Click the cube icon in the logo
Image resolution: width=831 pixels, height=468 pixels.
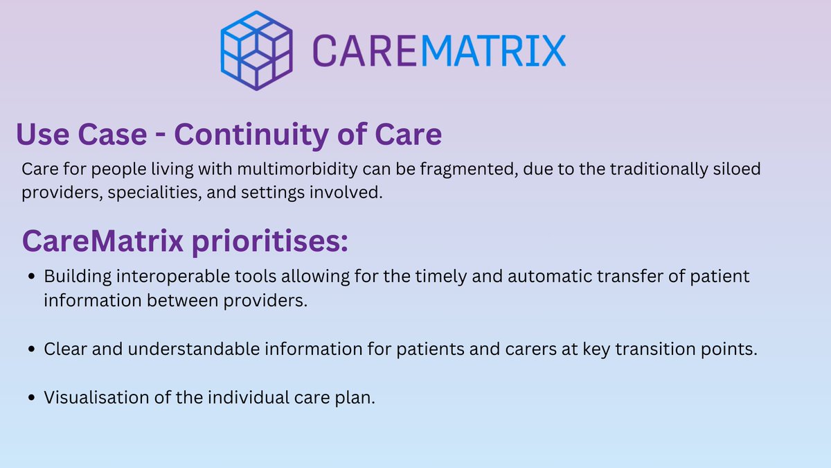(256, 50)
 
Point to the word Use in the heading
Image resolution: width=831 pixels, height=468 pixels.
(42, 135)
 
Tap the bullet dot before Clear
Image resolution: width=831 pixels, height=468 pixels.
(33, 350)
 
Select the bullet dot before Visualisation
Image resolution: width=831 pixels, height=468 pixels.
(33, 399)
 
